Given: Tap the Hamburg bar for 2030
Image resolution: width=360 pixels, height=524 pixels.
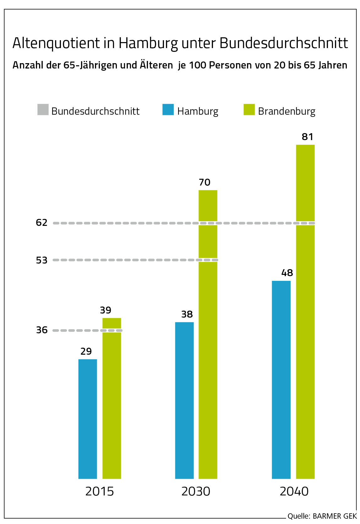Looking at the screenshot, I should coord(184,400).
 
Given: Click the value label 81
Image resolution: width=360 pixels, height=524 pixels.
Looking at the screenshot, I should coord(308,137).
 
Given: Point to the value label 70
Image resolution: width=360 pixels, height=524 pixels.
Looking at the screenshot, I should coord(205,183).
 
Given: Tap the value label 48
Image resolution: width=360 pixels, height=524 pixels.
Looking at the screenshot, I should coord(287,273).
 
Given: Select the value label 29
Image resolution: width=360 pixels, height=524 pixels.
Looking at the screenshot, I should coord(86,352).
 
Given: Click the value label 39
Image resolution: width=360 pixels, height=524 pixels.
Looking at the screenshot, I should coord(106,310).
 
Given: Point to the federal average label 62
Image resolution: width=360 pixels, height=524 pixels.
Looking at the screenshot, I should coord(41,223).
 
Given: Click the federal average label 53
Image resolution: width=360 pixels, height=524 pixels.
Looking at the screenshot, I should coord(41,260).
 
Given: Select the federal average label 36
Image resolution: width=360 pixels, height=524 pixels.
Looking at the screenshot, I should coord(42,330).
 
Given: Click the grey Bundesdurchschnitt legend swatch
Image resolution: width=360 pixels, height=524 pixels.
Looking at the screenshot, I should coord(43,110).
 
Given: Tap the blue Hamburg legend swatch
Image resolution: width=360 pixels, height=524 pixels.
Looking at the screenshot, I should coord(168,110).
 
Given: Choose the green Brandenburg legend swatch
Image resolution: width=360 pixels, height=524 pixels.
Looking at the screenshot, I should coord(249,110).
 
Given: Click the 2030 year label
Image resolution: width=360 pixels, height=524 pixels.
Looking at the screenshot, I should coord(196,491).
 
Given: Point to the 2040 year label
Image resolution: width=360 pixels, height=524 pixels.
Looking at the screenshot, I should coord(294,491).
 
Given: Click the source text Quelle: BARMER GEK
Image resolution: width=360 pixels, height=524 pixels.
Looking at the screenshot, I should coord(322,516).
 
